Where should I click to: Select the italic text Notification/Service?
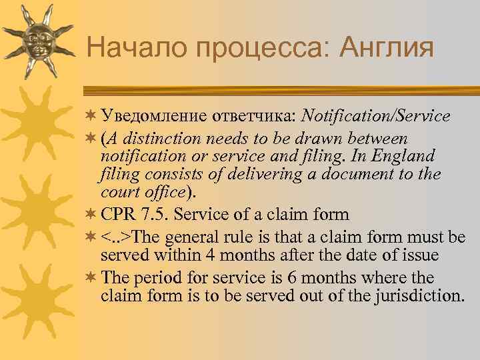(x=375, y=116)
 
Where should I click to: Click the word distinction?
(x=160, y=138)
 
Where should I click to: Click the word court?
(x=120, y=192)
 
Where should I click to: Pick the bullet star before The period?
(x=91, y=277)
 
